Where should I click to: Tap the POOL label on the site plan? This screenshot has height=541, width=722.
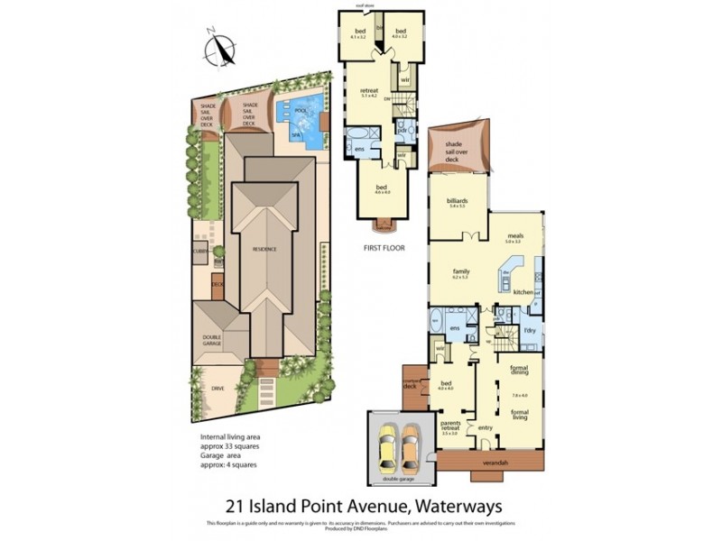tap(301, 111)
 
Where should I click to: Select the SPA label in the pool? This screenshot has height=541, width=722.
tap(295, 134)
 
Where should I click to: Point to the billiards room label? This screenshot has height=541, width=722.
tap(456, 201)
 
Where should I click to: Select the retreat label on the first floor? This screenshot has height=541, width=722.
tap(368, 90)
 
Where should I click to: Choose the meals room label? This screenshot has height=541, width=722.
tap(514, 236)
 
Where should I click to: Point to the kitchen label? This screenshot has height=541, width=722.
tap(522, 292)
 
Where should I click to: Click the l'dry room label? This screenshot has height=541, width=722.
tap(530, 331)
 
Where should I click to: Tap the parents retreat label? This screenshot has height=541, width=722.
tap(452, 426)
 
